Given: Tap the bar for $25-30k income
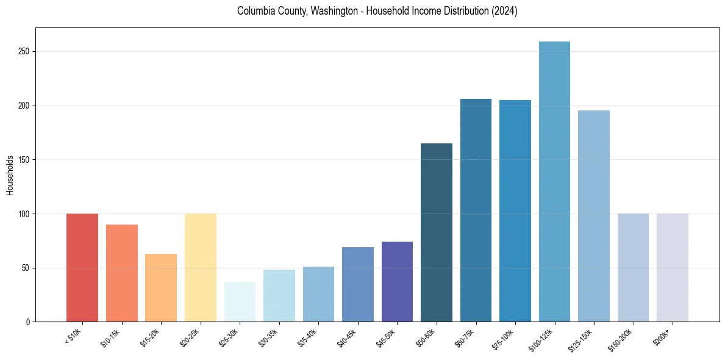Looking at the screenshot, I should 240,301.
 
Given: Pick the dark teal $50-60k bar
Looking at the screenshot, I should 437,232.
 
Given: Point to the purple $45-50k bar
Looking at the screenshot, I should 397,281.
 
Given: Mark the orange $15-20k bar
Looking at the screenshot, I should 161,287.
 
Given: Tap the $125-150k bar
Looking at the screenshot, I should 594,216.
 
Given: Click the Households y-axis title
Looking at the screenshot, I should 10,175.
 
